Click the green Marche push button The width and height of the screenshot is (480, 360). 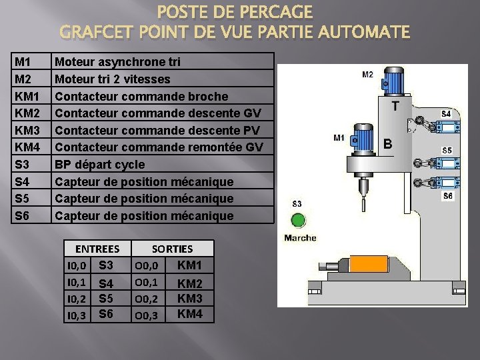[x=297, y=220]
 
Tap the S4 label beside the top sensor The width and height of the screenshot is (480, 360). [x=447, y=114]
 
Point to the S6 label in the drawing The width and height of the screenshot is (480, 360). [x=448, y=196]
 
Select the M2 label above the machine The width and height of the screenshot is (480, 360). [x=367, y=75]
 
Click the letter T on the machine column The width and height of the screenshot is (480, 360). [x=396, y=107]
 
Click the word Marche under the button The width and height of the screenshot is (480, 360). [x=300, y=237]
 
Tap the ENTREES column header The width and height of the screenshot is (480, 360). [x=97, y=249]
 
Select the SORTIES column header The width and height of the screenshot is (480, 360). [x=172, y=249]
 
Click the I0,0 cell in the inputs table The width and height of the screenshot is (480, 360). [x=77, y=266]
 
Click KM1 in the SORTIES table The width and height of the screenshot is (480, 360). [x=190, y=265]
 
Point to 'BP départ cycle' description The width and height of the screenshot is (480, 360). [x=99, y=164]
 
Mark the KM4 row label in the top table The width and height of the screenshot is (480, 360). [x=27, y=147]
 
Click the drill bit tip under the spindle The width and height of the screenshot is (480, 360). [x=363, y=194]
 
